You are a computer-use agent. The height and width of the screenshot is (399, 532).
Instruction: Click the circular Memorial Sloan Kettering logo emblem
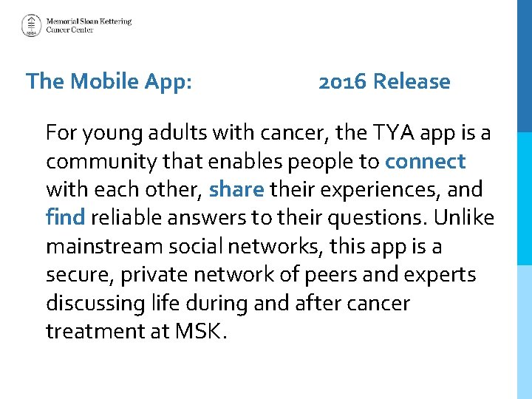[x=31, y=26]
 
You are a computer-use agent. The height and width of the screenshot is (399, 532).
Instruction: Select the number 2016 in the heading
[x=343, y=81]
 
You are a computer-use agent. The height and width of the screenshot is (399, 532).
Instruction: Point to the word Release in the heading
[x=412, y=81]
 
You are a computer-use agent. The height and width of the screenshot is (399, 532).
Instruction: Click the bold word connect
[x=425, y=161]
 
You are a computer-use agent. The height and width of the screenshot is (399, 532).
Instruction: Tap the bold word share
[x=236, y=190]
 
